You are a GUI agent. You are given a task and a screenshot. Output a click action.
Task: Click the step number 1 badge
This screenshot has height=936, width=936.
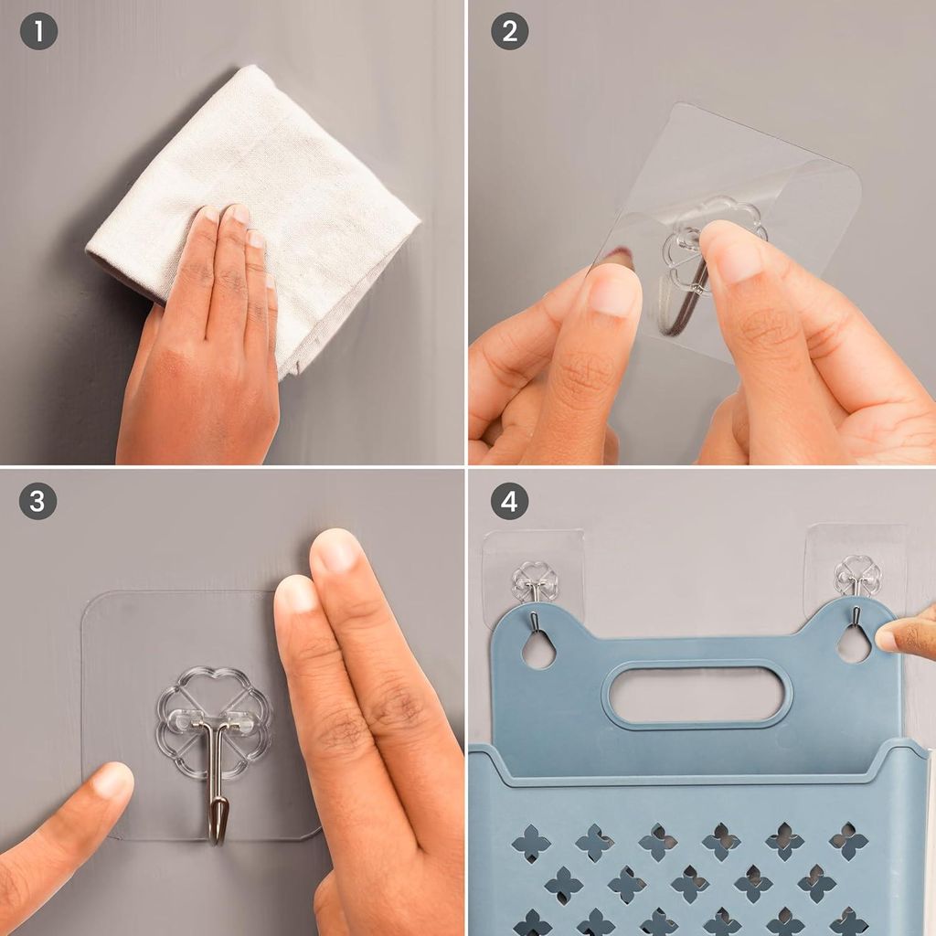(x=38, y=31)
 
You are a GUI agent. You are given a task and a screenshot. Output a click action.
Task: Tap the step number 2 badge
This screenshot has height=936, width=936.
(x=509, y=31)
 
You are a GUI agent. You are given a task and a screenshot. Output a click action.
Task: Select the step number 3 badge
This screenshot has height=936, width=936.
(x=37, y=500)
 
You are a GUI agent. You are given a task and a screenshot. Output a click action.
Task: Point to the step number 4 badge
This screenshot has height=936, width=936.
(x=509, y=500)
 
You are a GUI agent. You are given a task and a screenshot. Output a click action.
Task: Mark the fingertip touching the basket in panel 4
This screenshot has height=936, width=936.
(x=888, y=640)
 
